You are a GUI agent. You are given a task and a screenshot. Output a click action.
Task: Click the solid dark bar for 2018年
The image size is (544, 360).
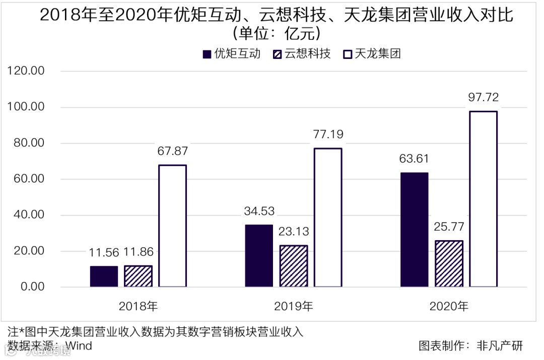(104, 276)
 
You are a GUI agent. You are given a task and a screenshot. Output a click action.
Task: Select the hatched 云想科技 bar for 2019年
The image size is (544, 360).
(294, 266)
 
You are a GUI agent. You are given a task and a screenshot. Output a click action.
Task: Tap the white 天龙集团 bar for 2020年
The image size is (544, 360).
(483, 199)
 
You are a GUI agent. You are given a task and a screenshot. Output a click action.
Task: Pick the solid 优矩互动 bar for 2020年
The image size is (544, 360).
(415, 230)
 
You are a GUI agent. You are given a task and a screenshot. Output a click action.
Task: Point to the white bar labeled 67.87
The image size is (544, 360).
(172, 226)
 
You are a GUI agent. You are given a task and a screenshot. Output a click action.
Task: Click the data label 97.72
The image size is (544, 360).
(483, 98)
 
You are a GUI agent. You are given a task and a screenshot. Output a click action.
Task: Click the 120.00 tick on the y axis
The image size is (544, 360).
(26, 71)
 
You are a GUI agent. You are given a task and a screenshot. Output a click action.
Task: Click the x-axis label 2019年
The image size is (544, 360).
(293, 306)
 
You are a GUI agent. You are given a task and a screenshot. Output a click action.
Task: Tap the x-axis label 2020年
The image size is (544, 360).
(449, 306)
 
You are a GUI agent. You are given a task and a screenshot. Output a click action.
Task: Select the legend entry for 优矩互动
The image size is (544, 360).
(232, 54)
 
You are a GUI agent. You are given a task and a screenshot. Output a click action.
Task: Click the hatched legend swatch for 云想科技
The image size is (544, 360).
(277, 54)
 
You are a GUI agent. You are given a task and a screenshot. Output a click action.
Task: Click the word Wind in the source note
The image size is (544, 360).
(79, 346)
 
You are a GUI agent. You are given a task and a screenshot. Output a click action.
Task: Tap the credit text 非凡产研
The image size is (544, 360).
(500, 346)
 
